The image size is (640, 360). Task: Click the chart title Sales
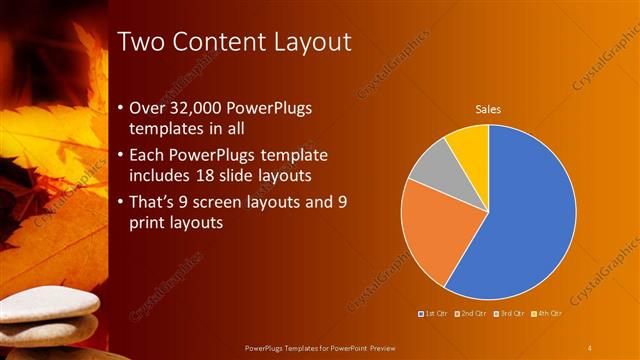pyautogui.click(x=487, y=109)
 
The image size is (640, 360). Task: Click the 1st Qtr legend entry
pyautogui.click(x=432, y=315)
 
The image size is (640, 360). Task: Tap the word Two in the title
pyautogui.click(x=141, y=43)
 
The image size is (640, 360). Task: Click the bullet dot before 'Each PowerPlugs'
pyautogui.click(x=121, y=155)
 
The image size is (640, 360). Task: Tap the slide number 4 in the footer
pyautogui.click(x=589, y=347)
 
